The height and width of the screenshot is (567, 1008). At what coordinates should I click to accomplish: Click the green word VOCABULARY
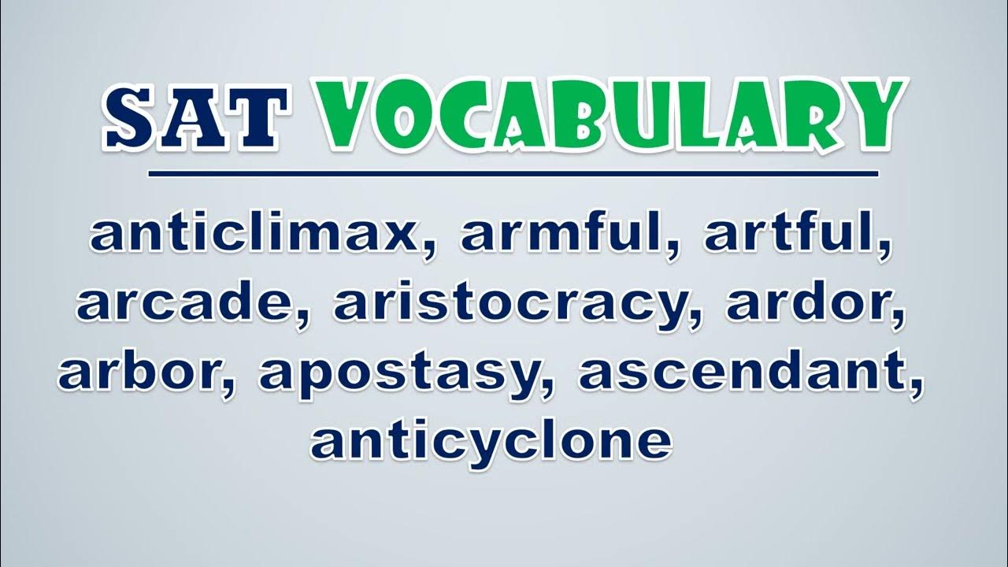click(610, 116)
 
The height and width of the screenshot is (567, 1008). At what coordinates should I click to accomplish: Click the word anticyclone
click(491, 441)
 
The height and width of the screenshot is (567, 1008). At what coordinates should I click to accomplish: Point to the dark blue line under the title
click(513, 174)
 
